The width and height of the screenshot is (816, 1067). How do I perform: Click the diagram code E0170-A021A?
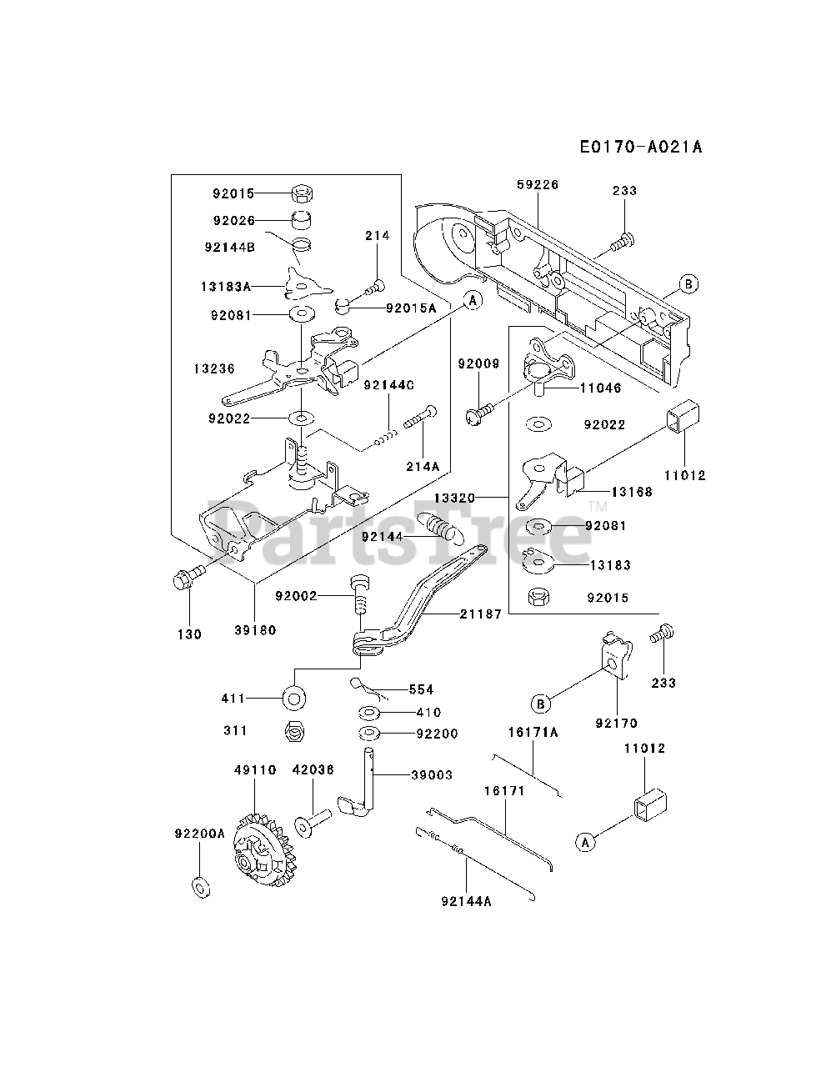pyautogui.click(x=641, y=147)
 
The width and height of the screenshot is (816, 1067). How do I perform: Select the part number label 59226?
pyautogui.click(x=538, y=185)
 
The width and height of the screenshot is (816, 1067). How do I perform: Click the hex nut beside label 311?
pyautogui.click(x=294, y=730)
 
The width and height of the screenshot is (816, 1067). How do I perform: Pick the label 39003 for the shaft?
pyautogui.click(x=432, y=775)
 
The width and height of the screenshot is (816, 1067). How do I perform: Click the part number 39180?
pyautogui.click(x=255, y=630)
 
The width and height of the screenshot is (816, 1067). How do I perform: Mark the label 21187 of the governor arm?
pyautogui.click(x=481, y=614)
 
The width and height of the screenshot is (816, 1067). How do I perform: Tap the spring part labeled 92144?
pyautogui.click(x=441, y=528)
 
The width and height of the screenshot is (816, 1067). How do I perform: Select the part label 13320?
pyautogui.click(x=454, y=498)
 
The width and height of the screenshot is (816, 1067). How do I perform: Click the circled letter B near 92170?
pyautogui.click(x=541, y=704)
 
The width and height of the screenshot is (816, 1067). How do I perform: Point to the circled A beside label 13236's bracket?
pyautogui.click(x=473, y=301)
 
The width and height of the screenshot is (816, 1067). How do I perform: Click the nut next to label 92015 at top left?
pyautogui.click(x=302, y=193)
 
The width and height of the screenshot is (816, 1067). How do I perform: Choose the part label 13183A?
pyautogui.click(x=226, y=287)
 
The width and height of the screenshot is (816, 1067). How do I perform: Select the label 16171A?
pyautogui.click(x=533, y=733)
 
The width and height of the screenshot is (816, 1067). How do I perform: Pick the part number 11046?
pyautogui.click(x=601, y=388)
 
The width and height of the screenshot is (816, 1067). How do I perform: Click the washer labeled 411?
pyautogui.click(x=294, y=699)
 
